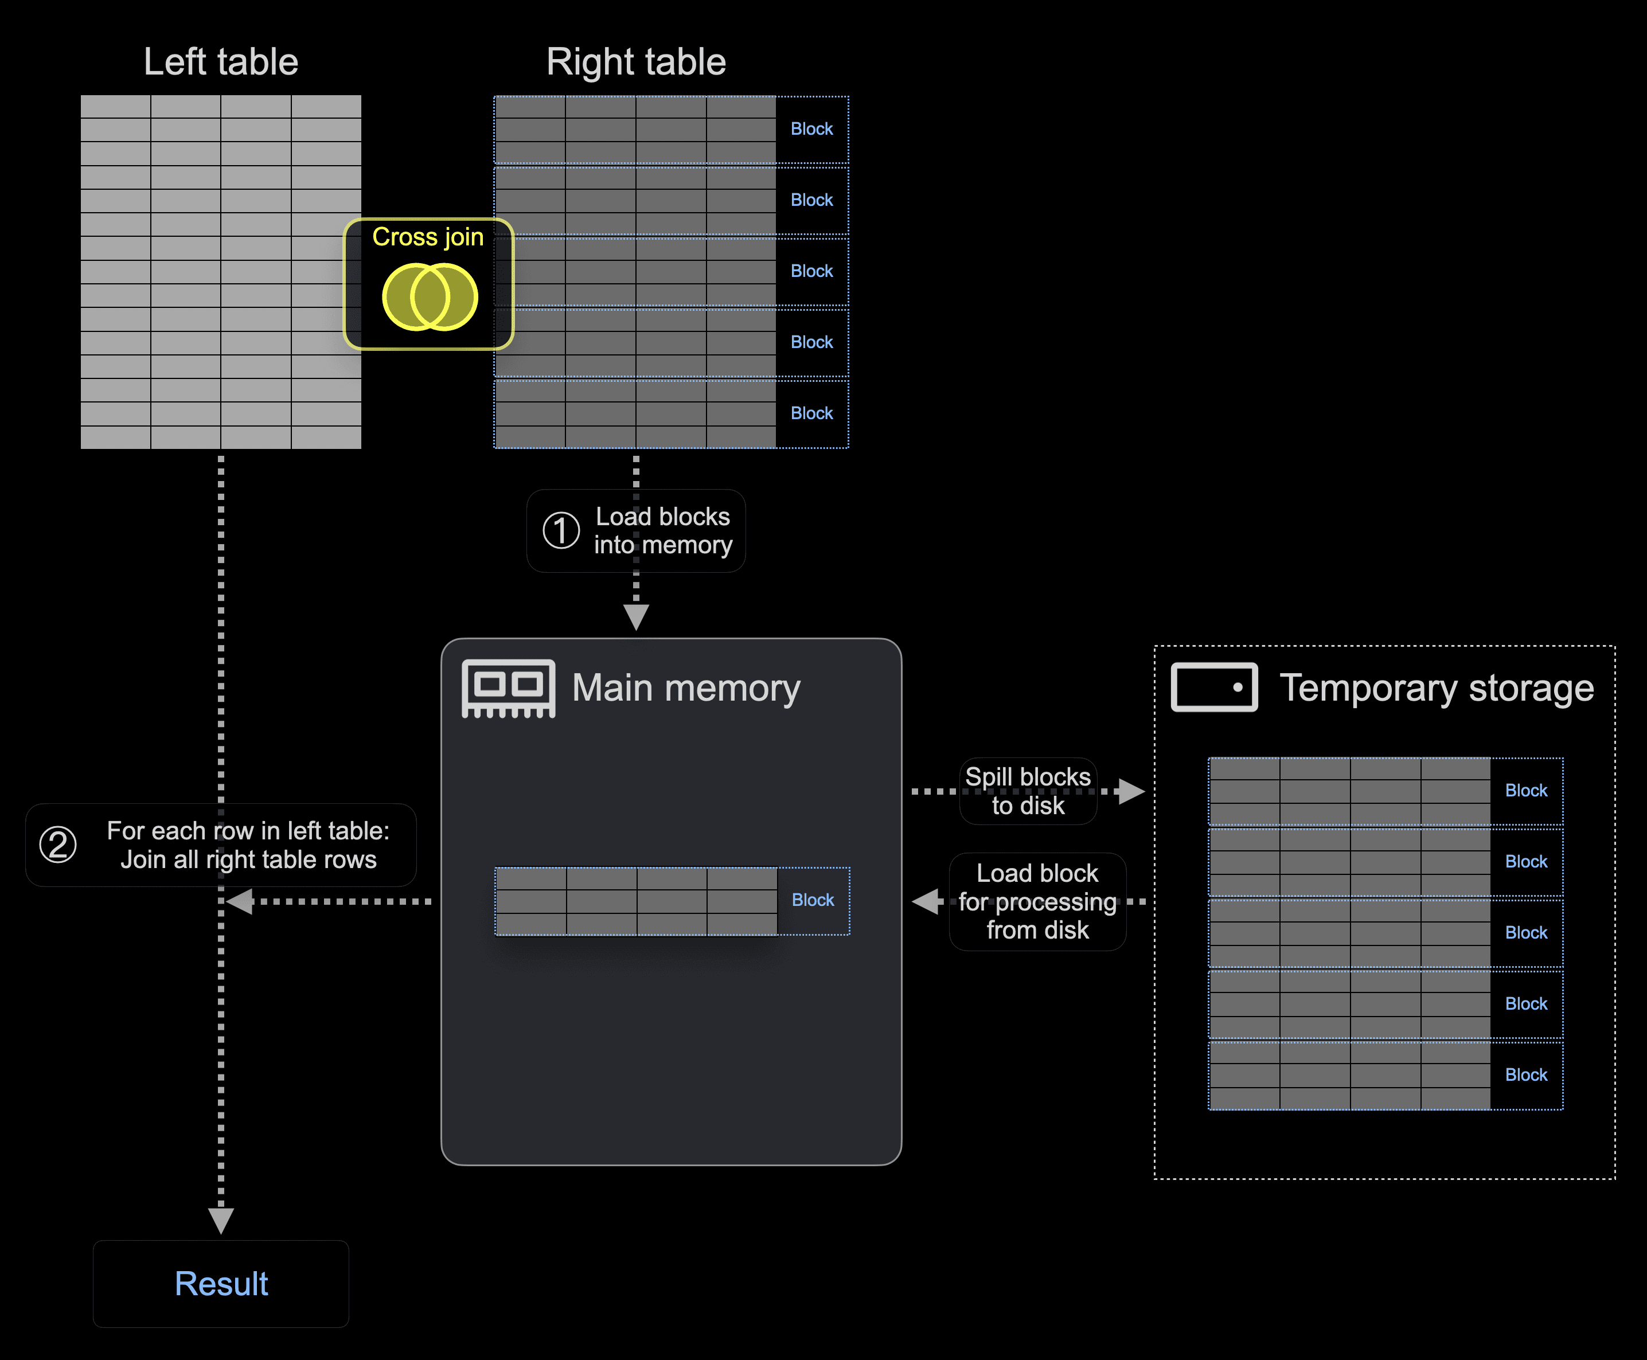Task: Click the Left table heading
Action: click(x=220, y=62)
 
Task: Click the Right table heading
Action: click(x=635, y=62)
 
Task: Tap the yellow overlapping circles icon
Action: click(x=430, y=297)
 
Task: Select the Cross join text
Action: click(x=428, y=237)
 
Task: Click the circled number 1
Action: click(x=561, y=530)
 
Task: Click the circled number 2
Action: click(x=58, y=845)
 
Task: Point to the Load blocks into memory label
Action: click(x=663, y=530)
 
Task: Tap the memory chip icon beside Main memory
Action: click(x=509, y=689)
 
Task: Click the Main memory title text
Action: click(x=686, y=689)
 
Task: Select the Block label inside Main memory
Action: click(x=813, y=900)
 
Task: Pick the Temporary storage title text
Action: click(x=1436, y=689)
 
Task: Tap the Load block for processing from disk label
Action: click(x=1037, y=902)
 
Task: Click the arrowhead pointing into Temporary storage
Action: click(x=1132, y=791)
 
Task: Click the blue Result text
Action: click(x=221, y=1284)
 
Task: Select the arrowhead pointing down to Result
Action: click(x=221, y=1220)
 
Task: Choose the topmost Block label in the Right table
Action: click(x=812, y=129)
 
